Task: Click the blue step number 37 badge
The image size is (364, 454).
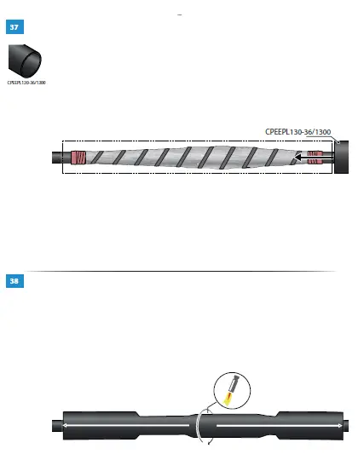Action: [14, 27]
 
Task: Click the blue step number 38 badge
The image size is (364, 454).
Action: [14, 280]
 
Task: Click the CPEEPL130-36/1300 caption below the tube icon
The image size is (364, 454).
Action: [27, 83]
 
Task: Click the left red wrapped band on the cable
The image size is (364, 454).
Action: [78, 158]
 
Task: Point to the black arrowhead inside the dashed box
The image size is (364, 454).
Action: [300, 158]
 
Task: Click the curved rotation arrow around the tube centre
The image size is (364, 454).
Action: [200, 423]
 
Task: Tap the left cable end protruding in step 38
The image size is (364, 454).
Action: [55, 423]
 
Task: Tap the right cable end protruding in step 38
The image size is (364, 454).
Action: [344, 423]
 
